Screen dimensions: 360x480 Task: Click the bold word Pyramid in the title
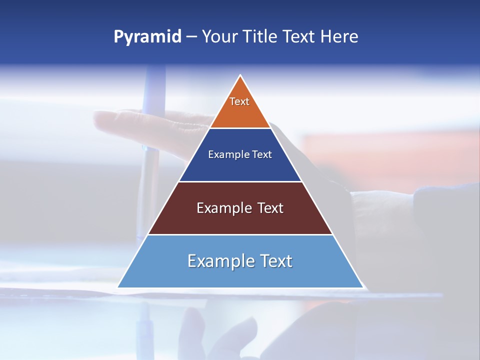(147, 37)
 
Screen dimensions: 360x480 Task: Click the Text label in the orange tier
(239, 102)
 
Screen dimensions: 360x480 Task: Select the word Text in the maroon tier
(270, 208)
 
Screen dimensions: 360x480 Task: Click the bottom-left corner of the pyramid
(118, 287)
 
